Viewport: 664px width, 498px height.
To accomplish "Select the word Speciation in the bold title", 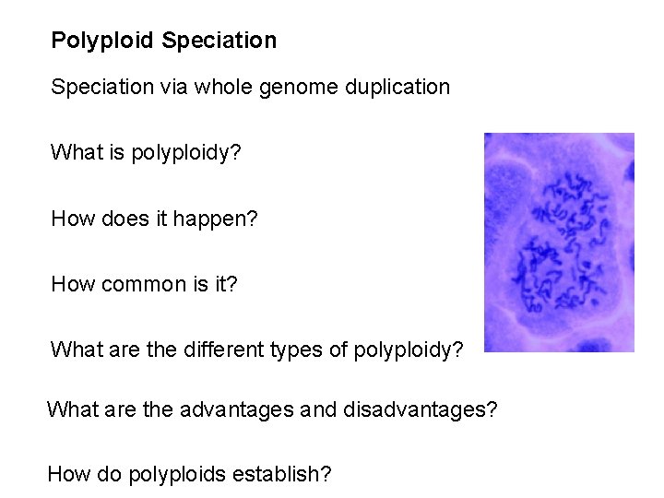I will tap(219, 41).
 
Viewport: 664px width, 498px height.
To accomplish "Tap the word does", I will tap(114, 219).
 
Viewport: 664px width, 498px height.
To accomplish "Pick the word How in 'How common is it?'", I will tap(70, 284).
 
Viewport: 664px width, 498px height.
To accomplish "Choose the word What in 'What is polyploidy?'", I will tap(74, 152).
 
